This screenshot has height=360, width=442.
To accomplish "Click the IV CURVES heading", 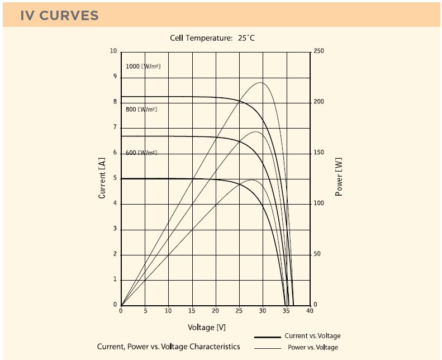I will tap(59, 16).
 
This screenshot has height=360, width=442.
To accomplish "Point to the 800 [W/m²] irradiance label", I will tap(141, 110).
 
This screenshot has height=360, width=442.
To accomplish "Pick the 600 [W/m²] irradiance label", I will tap(141, 153).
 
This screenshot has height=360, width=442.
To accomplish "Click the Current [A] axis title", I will tap(102, 178).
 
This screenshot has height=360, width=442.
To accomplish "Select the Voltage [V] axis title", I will tap(207, 327).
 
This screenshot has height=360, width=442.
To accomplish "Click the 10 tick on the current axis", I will tap(114, 51).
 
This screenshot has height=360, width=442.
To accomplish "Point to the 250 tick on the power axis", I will tap(319, 51).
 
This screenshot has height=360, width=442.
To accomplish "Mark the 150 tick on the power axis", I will tap(319, 153).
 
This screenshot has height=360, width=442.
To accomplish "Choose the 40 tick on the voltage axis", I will tap(310, 311).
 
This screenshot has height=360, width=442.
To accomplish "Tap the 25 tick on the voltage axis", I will tap(239, 311).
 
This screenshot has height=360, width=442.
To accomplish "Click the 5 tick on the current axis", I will tap(115, 178).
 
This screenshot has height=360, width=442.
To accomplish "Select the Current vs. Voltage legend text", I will tap(312, 336).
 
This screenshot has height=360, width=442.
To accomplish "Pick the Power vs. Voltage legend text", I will tap(313, 347).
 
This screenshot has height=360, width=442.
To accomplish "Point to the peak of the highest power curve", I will tap(261, 83).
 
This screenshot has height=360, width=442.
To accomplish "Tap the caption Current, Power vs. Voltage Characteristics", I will tap(168, 347).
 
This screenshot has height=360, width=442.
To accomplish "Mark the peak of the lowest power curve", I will tap(251, 180).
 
